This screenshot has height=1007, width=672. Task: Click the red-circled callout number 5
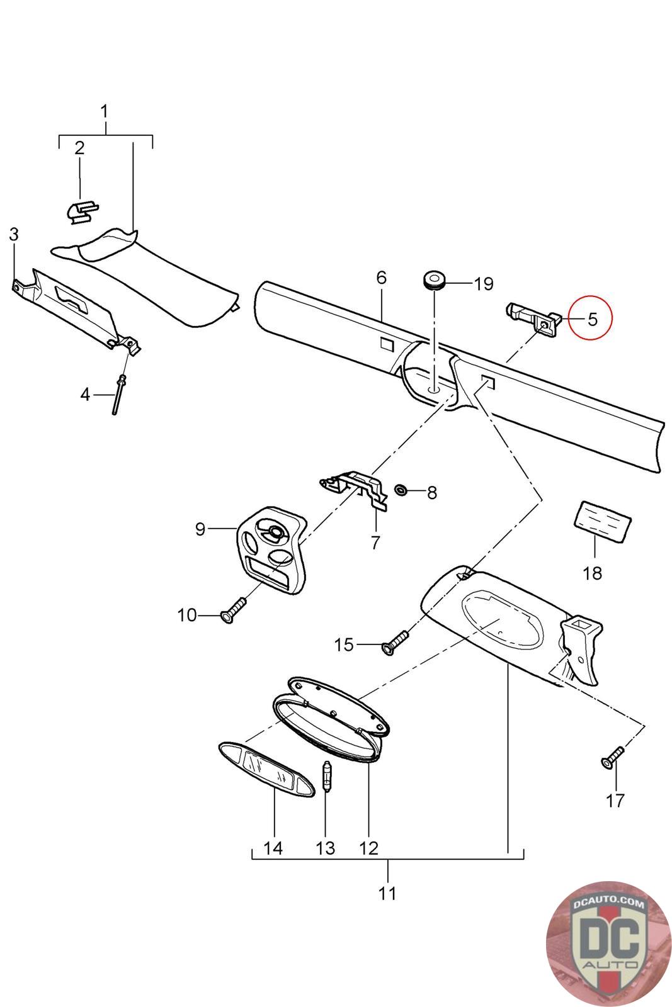tap(591, 318)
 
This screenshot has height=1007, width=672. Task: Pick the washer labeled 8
tap(400, 489)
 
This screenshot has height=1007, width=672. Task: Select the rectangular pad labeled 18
tap(601, 521)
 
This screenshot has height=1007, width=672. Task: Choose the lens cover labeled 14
tap(266, 771)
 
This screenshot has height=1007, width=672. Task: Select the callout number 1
tap(105, 111)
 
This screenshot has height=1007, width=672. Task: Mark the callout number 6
tap(381, 278)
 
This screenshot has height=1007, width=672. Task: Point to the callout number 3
tap(13, 234)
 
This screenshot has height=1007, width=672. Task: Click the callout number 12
tap(368, 848)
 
